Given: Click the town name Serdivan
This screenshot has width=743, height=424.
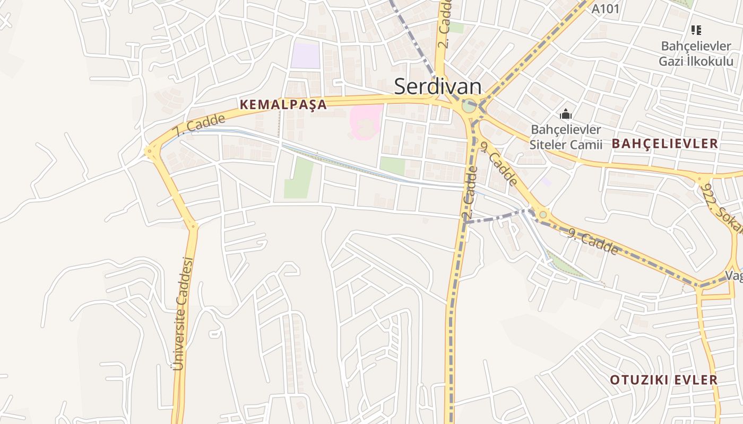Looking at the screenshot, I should click(x=437, y=86).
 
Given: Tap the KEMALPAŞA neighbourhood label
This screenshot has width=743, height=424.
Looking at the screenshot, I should click(x=283, y=104).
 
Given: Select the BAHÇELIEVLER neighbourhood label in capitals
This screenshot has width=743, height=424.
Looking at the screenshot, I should click(x=664, y=143).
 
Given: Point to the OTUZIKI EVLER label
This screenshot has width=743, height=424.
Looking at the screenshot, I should click(x=663, y=379).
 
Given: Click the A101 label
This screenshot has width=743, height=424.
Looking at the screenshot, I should click(x=605, y=8).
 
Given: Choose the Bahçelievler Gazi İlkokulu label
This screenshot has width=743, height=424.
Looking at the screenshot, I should click(x=696, y=54).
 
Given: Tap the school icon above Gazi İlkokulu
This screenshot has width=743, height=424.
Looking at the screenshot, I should click(x=696, y=30).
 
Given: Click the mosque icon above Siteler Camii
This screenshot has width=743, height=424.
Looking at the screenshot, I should click(x=566, y=114).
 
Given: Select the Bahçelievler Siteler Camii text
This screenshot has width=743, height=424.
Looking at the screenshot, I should click(x=566, y=137).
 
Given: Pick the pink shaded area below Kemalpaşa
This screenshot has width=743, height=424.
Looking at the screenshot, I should click(x=366, y=122).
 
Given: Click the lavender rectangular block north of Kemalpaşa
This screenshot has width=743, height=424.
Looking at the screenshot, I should click(x=305, y=56).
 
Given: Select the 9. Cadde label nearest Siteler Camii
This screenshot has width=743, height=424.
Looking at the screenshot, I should click(x=498, y=163).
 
